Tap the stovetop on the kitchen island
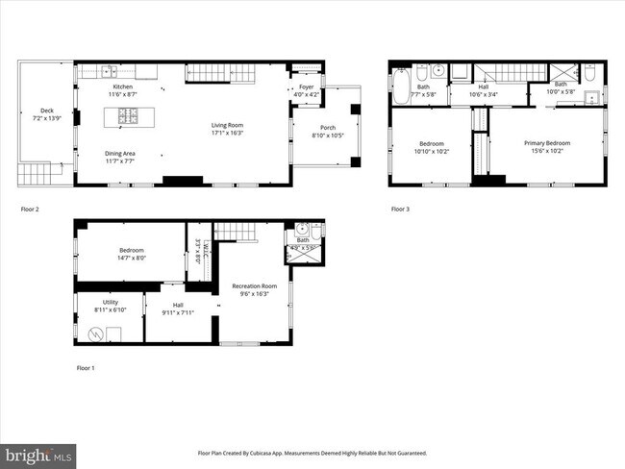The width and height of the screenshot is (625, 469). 127,117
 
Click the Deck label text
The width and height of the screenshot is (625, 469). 46,111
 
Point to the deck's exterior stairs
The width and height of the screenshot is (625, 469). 33,174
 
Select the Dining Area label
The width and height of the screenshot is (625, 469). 120,153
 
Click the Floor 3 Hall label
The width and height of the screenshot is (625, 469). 484,86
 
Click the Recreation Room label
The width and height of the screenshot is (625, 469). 254,285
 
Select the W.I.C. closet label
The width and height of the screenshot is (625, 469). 198,251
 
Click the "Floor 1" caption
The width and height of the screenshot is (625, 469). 87,368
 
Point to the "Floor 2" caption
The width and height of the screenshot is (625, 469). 30,208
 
